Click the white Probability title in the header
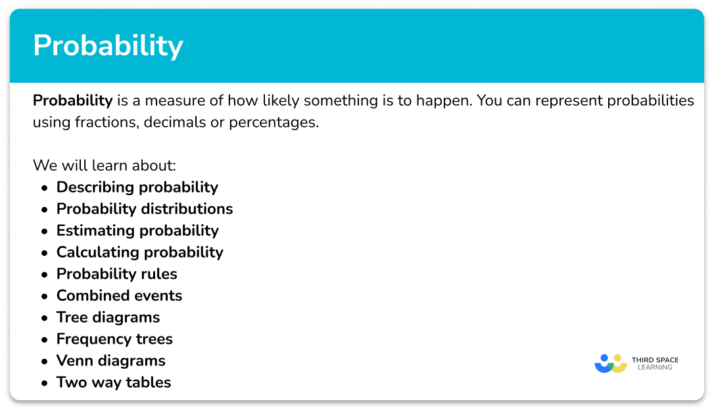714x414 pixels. pos(108,46)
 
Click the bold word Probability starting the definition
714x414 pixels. pos(73,101)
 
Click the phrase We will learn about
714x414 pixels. pos(105,165)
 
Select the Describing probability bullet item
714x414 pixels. pos(137,187)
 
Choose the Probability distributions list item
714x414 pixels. pos(145,209)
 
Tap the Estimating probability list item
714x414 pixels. pos(137,231)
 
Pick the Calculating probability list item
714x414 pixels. pos(139,252)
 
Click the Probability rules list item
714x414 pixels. pos(116,274)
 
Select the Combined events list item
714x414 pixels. pos(119,296)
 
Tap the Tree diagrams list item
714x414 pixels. pos(108,317)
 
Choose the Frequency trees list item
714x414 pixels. pos(114,339)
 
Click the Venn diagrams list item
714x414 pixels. pos(110,361)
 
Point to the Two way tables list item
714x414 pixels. pos(113,382)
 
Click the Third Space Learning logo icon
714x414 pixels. pos(610,363)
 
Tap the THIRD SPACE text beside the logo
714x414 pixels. pos(654,360)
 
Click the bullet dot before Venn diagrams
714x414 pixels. pos(44,361)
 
